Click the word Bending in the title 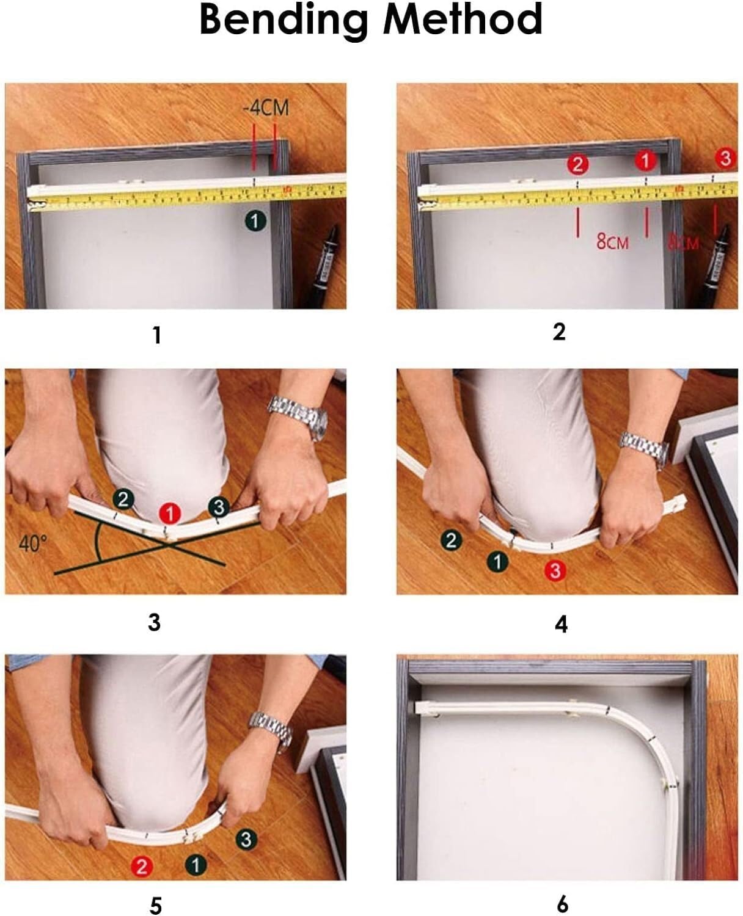[x=284, y=20]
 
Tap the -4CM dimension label [x=265, y=109]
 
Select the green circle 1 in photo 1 [x=256, y=220]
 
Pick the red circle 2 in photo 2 [x=577, y=164]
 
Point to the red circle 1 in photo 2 [x=645, y=161]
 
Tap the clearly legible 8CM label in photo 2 [x=612, y=242]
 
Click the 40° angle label [x=32, y=543]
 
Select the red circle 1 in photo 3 [x=170, y=514]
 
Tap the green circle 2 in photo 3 [x=123, y=500]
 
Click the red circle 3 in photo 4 [x=555, y=571]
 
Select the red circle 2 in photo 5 [x=142, y=866]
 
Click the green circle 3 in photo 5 [x=246, y=840]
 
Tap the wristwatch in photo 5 [x=271, y=730]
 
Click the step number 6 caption [x=562, y=903]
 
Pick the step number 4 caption [x=561, y=624]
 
